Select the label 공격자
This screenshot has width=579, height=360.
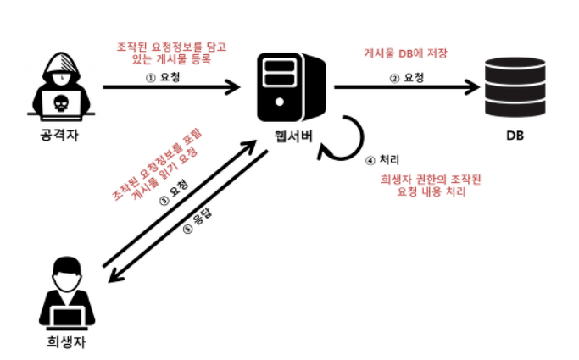[59, 136]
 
